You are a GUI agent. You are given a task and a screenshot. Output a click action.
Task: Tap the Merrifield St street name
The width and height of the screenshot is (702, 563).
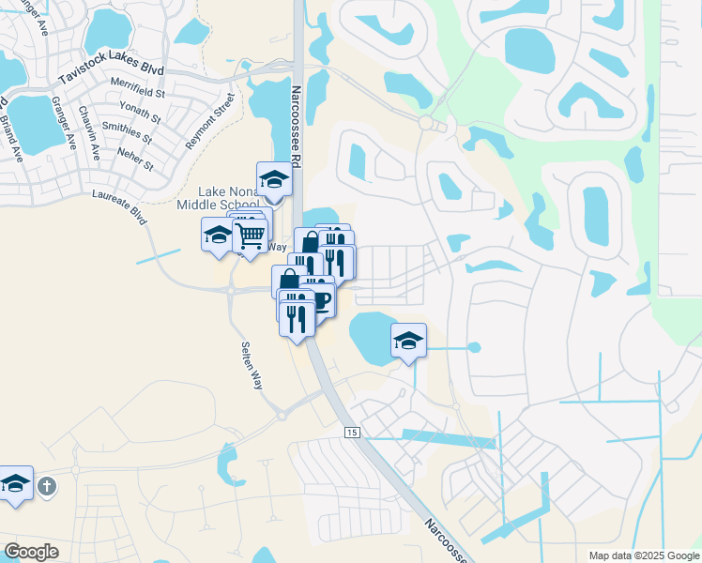(x=137, y=93)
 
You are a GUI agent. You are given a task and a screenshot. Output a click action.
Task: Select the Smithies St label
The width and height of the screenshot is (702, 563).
(x=121, y=131)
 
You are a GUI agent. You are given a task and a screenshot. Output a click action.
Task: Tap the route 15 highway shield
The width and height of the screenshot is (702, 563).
(x=352, y=432)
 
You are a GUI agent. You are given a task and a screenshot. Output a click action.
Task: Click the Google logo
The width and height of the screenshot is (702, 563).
(x=31, y=552)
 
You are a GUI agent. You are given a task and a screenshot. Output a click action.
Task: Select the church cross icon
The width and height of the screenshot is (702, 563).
(x=48, y=487)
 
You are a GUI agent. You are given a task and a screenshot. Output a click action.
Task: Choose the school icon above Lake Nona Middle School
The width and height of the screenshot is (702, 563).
(x=274, y=178)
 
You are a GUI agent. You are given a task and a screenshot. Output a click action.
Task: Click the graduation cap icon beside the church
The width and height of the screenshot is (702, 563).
(x=15, y=483)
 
